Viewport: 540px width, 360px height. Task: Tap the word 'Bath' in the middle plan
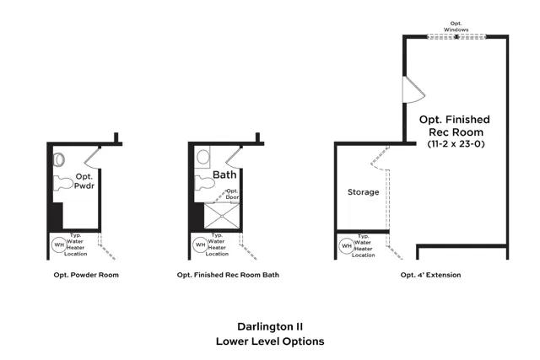pyautogui.click(x=224, y=175)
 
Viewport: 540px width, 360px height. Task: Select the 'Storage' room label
pyautogui.click(x=364, y=192)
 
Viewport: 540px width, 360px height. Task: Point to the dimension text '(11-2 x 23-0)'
pyautogui.click(x=455, y=144)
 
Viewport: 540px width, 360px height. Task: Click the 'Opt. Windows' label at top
pyautogui.click(x=456, y=27)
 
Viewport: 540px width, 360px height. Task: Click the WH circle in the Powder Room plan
pyautogui.click(x=59, y=244)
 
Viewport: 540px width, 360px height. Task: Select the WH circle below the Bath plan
pyautogui.click(x=200, y=244)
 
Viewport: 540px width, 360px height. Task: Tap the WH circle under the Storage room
pyautogui.click(x=346, y=245)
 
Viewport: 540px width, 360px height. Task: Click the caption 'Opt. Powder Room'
pyautogui.click(x=82, y=275)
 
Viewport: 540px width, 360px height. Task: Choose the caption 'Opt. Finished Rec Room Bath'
pyautogui.click(x=228, y=275)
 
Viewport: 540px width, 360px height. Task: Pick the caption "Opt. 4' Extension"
pyautogui.click(x=431, y=275)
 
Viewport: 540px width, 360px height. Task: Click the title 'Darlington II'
pyautogui.click(x=269, y=325)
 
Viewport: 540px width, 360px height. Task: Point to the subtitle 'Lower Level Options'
pyautogui.click(x=269, y=341)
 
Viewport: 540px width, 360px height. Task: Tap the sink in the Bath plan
pyautogui.click(x=202, y=157)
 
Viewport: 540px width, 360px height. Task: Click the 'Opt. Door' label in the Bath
pyautogui.click(x=232, y=194)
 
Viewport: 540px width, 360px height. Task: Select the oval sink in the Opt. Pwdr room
pyautogui.click(x=60, y=158)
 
